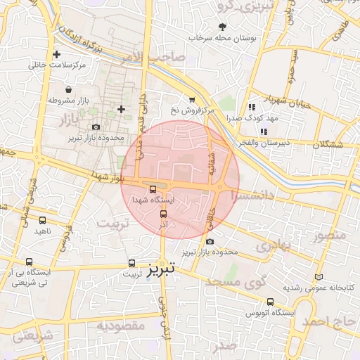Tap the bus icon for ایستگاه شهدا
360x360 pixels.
pos(153,188)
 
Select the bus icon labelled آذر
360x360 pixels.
pos(163,214)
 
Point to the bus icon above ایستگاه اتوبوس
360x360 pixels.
pos(271,302)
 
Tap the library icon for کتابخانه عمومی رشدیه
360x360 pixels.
pos(321,277)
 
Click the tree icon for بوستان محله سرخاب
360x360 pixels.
pos(223,26)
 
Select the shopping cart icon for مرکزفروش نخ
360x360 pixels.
pos(191,101)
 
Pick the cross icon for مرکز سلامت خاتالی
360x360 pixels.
pos(57,54)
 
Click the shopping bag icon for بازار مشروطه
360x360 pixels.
pos(68,90)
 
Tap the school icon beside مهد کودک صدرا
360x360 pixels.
pos(251,108)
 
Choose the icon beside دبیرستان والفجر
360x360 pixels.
pos(264,131)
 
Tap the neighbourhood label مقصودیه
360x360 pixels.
pos(120,326)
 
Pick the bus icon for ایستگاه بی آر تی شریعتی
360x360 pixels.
pos(29,261)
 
